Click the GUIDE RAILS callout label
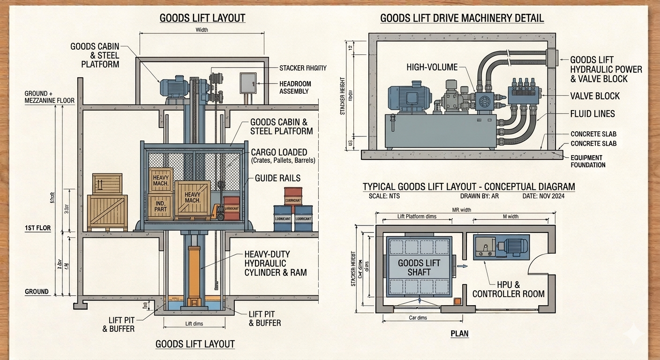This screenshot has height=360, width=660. tap(277, 178)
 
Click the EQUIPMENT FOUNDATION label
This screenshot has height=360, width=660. tap(588, 161)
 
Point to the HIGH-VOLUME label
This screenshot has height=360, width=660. tap(432, 67)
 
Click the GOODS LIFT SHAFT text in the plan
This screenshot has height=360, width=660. tap(419, 267)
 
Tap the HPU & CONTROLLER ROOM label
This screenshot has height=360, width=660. tap(508, 289)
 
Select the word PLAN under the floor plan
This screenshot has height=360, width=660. tap(459, 334)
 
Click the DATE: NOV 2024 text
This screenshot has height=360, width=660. tap(543, 196)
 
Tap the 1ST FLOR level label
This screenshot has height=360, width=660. tap(38, 228)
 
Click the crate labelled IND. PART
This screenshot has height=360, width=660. tap(160, 206)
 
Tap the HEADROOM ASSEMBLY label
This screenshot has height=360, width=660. tap(295, 87)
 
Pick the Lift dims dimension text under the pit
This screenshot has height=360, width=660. tap(194, 323)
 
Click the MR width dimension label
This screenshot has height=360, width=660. tap(461, 210)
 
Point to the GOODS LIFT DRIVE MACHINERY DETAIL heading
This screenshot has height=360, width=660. tap(462, 18)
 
